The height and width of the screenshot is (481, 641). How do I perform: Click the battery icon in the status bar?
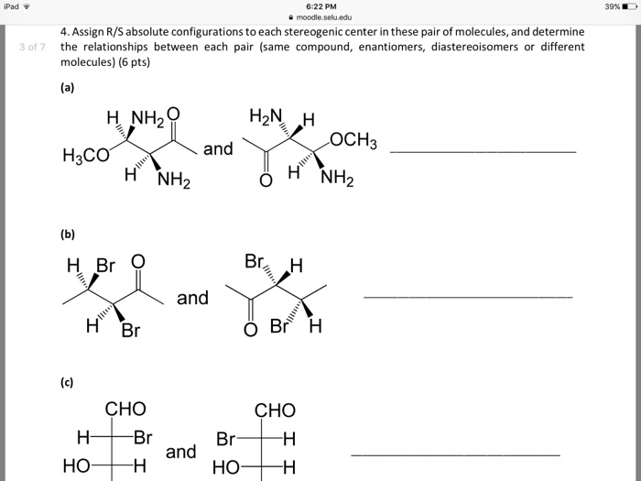(628, 6)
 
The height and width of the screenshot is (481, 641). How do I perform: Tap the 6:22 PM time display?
(320, 6)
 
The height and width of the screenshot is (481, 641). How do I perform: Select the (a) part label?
(68, 88)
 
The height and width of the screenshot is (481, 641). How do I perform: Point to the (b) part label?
(68, 234)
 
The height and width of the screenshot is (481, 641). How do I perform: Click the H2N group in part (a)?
(265, 116)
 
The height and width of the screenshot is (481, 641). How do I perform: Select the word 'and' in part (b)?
(192, 298)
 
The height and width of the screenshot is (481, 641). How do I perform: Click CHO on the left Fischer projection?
(125, 409)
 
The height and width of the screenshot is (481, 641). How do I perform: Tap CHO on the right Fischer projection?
(275, 410)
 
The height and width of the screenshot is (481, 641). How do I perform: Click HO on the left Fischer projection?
(77, 466)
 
